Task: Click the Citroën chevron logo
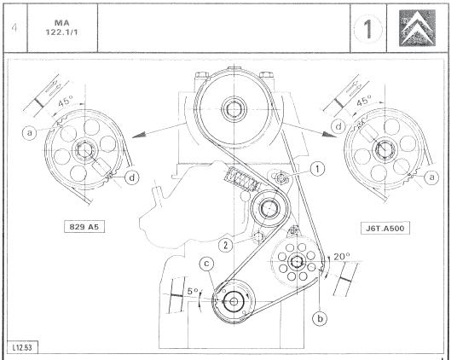coord(418,28)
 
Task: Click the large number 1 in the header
coord(368,29)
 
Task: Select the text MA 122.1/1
coord(61,27)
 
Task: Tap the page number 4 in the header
coord(14,28)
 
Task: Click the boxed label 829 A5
coord(84,227)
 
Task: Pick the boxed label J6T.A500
coord(385,229)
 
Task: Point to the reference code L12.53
coord(22,347)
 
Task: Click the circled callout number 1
coord(317,169)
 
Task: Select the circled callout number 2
coord(226,245)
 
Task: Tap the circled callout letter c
coord(206,264)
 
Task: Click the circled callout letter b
coord(320,318)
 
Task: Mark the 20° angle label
coord(342,257)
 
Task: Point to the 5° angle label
coord(192,291)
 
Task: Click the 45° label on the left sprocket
coord(65,102)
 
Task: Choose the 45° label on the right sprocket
coord(364,101)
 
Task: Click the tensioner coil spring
coord(241,178)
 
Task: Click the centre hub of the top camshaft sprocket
coord(234,109)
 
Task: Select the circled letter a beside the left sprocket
coord(30,132)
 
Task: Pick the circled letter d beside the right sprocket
coord(338,127)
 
